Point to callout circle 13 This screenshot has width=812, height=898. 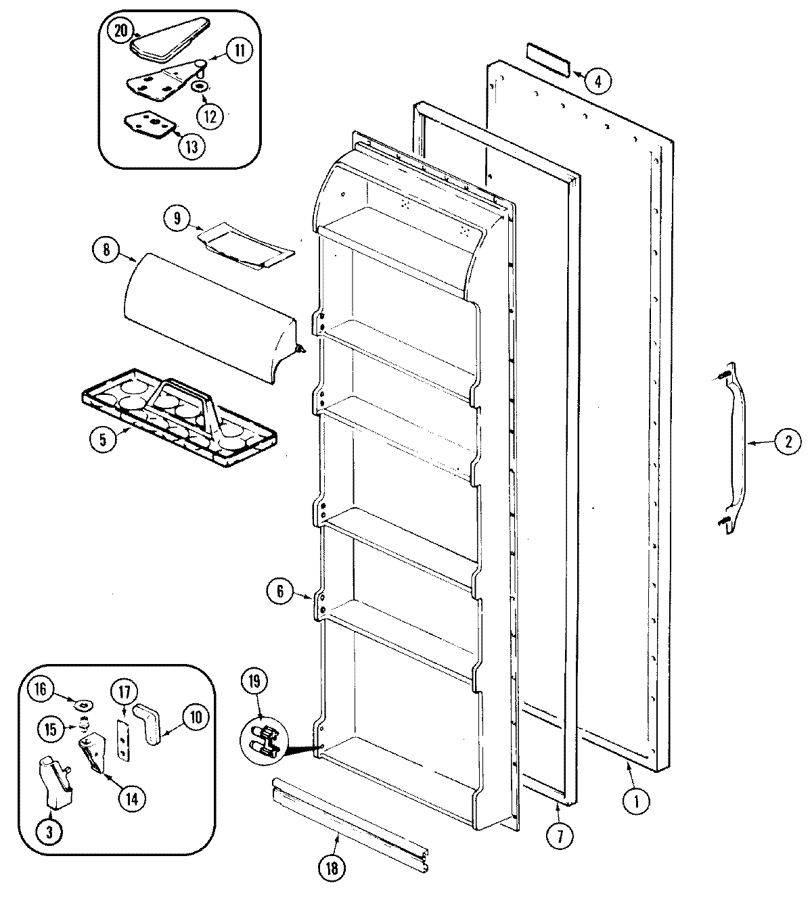point(191,147)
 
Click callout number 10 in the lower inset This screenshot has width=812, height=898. point(195,718)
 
